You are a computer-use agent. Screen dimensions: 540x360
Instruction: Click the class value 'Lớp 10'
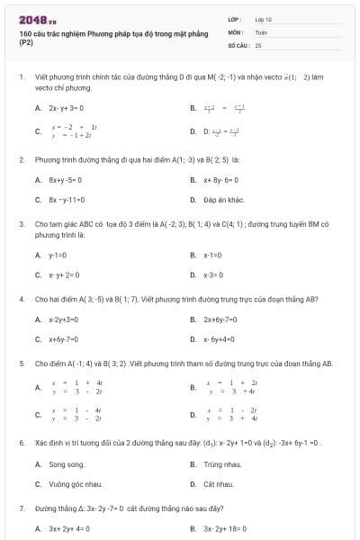[x=263, y=19]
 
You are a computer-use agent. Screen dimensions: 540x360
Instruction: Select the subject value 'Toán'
[x=261, y=31]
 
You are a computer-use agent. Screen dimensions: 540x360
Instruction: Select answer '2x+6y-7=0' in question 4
[x=222, y=319]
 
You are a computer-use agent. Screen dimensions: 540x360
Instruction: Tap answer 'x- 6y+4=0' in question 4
[x=220, y=339]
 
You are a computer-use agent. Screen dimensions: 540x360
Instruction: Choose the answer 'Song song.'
[x=67, y=464]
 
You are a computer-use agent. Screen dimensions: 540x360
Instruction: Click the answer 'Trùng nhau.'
[x=221, y=464]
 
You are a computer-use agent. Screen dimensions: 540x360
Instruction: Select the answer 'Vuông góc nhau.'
[x=76, y=484]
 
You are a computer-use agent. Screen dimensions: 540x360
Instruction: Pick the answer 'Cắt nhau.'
[x=218, y=484]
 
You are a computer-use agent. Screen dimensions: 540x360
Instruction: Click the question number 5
[x=21, y=364]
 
